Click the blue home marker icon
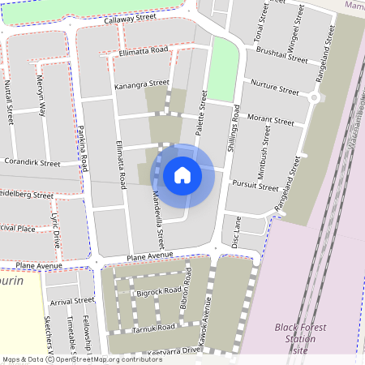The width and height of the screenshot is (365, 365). click(x=182, y=175)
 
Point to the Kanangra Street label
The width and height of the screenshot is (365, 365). click(x=141, y=84)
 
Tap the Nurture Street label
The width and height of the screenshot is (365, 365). click(x=275, y=84)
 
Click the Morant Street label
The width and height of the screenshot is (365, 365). click(x=270, y=120)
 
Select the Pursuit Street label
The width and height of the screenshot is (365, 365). click(x=254, y=186)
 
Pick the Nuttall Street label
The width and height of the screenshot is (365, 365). click(x=10, y=101)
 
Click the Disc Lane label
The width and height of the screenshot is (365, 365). click(x=237, y=232)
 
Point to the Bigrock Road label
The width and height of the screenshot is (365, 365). click(x=158, y=290)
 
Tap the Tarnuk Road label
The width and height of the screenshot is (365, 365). click(x=154, y=327)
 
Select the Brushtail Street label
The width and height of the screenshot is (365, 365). click(x=281, y=55)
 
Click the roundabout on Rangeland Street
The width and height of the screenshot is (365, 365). click(x=314, y=98)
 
